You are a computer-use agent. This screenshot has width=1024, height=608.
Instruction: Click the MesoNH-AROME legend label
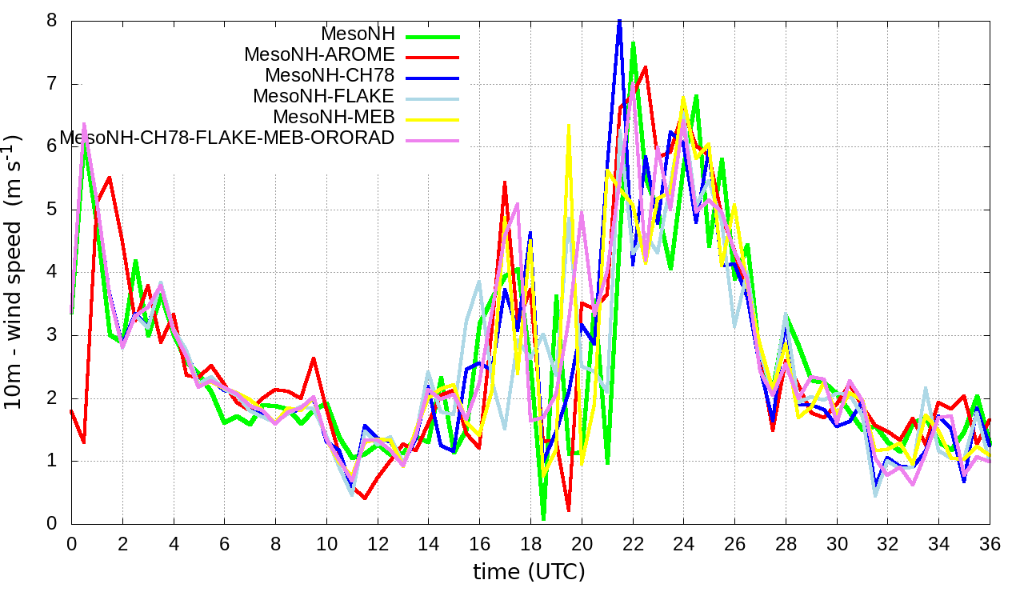click(x=319, y=55)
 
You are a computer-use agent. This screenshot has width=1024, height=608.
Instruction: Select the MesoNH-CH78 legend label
click(x=329, y=76)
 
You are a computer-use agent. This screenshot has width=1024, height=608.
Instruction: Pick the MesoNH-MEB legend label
click(x=334, y=118)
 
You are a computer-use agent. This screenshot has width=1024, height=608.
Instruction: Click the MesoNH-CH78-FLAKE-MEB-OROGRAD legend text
click(x=227, y=138)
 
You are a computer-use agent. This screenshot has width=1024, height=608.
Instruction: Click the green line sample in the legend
click(x=433, y=36)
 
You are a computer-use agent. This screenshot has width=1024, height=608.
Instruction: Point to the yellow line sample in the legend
click(x=433, y=119)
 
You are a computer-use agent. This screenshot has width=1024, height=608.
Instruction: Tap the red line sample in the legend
click(x=433, y=57)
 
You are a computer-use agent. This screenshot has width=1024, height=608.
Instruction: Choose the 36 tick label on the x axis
click(x=990, y=542)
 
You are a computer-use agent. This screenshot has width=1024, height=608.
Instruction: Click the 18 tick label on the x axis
click(x=530, y=542)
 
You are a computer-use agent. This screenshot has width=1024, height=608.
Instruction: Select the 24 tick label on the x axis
click(x=683, y=542)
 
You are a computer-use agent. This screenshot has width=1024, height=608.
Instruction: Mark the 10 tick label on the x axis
click(x=326, y=542)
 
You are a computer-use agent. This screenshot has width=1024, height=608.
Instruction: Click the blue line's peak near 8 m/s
click(x=619, y=22)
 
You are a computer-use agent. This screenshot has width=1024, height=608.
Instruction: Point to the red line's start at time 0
click(x=72, y=410)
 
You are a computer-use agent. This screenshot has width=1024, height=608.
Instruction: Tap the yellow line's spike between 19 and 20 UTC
click(x=569, y=126)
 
